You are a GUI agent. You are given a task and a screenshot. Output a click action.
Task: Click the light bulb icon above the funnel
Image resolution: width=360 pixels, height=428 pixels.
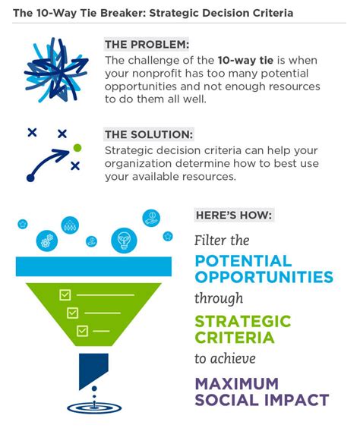[123, 240]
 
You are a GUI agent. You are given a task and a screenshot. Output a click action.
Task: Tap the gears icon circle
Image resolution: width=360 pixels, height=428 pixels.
[47, 241]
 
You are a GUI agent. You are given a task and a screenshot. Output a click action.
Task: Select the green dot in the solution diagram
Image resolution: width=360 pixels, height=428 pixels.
[77, 147]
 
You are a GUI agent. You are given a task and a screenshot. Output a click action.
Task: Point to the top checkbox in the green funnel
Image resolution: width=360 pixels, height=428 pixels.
[65, 294]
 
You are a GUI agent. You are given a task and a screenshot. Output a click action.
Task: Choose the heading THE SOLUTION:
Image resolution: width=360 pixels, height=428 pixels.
[149, 134]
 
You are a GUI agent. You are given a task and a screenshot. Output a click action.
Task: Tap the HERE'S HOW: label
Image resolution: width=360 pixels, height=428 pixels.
[234, 215]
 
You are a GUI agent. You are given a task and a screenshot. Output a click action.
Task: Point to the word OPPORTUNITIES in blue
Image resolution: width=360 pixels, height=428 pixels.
[264, 277]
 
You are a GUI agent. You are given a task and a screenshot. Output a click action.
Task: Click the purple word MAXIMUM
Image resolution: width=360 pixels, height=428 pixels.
[237, 383]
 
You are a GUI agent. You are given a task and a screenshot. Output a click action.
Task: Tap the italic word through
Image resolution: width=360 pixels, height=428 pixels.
[219, 298]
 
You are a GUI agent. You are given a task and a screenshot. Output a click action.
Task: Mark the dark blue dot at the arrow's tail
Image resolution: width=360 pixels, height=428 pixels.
[30, 178]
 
